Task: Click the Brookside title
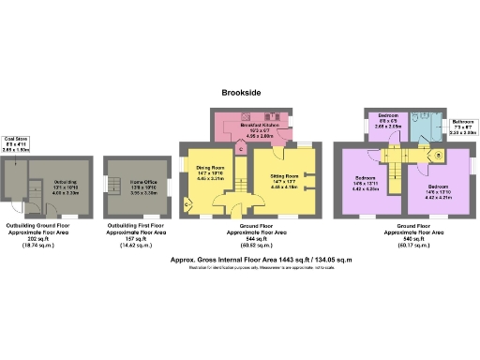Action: (x=240, y=93)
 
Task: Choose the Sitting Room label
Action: (x=285, y=175)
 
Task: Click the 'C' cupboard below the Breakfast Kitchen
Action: (x=240, y=149)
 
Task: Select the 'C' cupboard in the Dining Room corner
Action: (x=188, y=203)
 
